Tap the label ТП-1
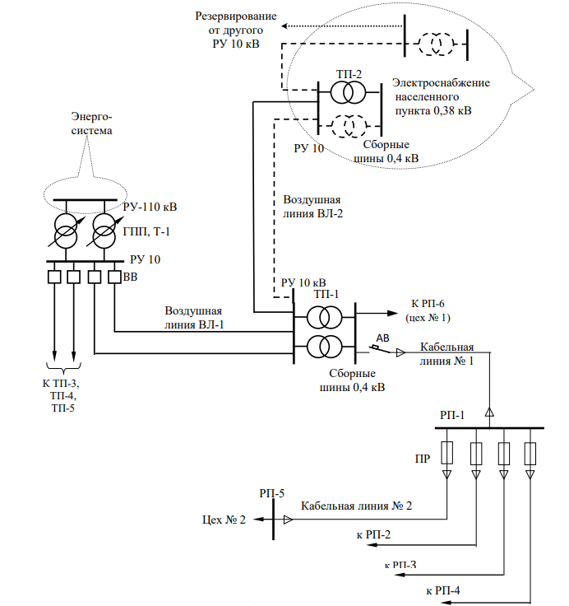point(326,294)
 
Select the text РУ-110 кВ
point(150,206)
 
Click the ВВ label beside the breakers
point(130,277)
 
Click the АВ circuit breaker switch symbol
point(380,349)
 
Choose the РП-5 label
point(272,492)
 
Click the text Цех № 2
point(224,520)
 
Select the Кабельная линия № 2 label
point(356,506)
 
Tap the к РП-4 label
point(443,590)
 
